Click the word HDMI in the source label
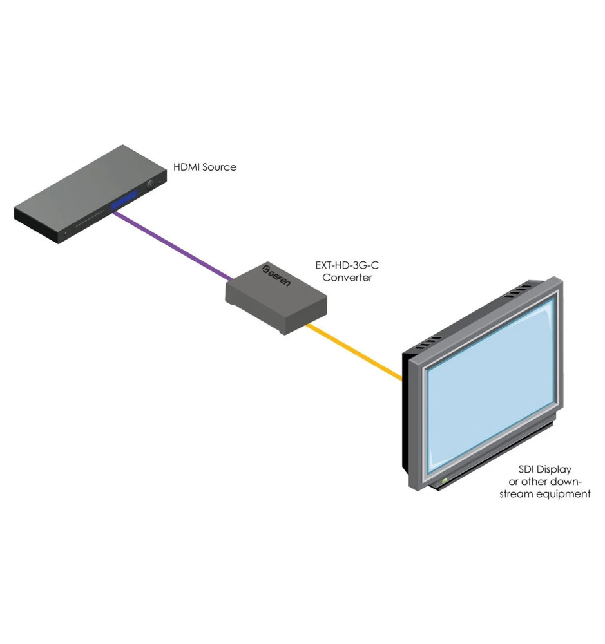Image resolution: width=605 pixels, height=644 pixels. [x=187, y=167]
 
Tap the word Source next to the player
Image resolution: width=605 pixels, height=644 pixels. [x=219, y=167]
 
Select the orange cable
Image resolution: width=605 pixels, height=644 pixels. [x=354, y=352]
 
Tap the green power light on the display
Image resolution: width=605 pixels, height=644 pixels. [x=444, y=480]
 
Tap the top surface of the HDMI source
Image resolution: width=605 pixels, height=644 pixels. [x=84, y=193]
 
